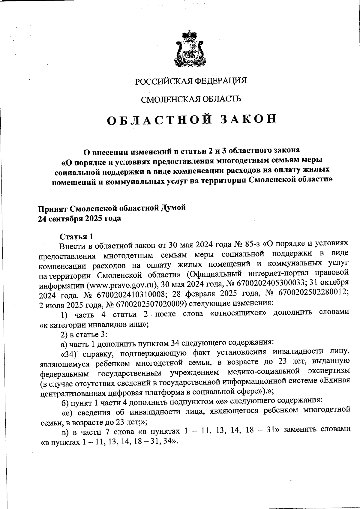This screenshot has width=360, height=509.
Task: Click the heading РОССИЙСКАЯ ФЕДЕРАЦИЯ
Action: [x=191, y=81]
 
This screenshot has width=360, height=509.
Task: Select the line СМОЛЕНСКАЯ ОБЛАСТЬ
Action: [x=191, y=99]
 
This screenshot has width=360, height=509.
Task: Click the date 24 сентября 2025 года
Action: [x=79, y=218]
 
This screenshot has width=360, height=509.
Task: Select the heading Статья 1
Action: [x=76, y=237]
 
